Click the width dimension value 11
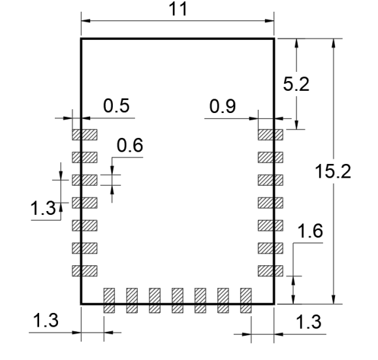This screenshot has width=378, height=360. pos(178,9)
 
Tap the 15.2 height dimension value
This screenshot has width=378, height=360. pos(333,171)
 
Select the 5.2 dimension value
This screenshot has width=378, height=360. pos(296,84)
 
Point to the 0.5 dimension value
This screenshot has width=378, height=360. pos(116,105)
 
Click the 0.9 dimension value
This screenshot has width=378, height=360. pos(223,106)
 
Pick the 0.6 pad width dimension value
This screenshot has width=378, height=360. pos(130,145)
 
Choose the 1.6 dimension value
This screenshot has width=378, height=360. pos(310,231)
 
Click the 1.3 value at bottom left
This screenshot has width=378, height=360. pos(46,320)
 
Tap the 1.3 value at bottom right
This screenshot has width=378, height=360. pos(308,321)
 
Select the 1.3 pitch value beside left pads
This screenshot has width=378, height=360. pos(43,208)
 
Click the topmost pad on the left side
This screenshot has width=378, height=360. pos(85,135)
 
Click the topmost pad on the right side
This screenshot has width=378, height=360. pos(270,135)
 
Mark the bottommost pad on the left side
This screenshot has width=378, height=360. pos(85,270)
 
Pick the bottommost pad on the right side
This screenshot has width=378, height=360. pos(270,270)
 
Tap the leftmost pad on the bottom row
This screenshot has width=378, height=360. pos(109,301)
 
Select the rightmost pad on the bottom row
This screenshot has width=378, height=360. pos(246,301)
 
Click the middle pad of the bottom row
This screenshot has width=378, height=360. pos(178,301)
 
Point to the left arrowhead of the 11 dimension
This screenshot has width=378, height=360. pos(86,21)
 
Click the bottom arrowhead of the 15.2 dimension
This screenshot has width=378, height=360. pos(334,299)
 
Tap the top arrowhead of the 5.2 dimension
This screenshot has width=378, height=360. pos(297,43)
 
